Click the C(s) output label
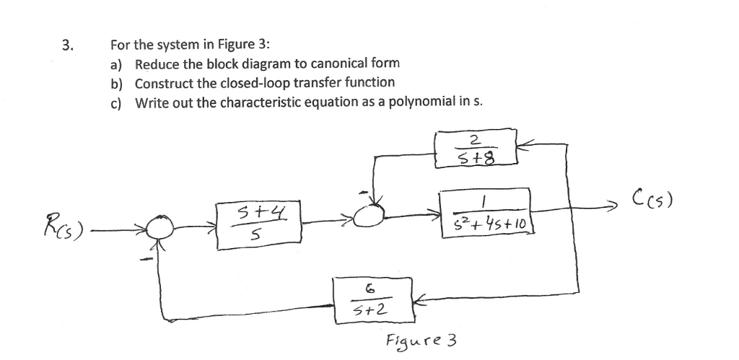tap(654, 197)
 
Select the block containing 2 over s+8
tap(476, 149)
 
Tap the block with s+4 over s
tap(257, 225)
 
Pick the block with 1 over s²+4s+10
tap(485, 209)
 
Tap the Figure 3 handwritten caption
tap(422, 340)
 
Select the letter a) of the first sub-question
tap(115, 65)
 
